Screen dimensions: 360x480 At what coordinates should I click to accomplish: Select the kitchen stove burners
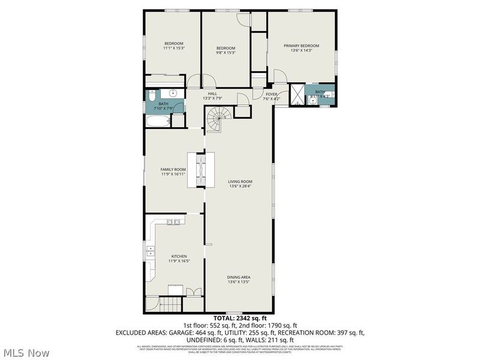(173, 223)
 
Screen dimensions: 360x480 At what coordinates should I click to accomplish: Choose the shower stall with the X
(296, 95)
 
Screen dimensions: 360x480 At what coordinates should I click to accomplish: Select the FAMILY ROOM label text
(173, 170)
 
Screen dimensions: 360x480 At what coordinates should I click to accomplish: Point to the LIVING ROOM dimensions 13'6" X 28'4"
(240, 186)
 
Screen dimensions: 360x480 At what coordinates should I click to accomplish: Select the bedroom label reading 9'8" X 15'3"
(226, 53)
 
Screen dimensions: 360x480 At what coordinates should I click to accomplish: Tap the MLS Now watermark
(26, 353)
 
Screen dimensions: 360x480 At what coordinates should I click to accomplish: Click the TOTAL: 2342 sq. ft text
(239, 318)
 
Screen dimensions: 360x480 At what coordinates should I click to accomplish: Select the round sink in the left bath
(173, 94)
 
